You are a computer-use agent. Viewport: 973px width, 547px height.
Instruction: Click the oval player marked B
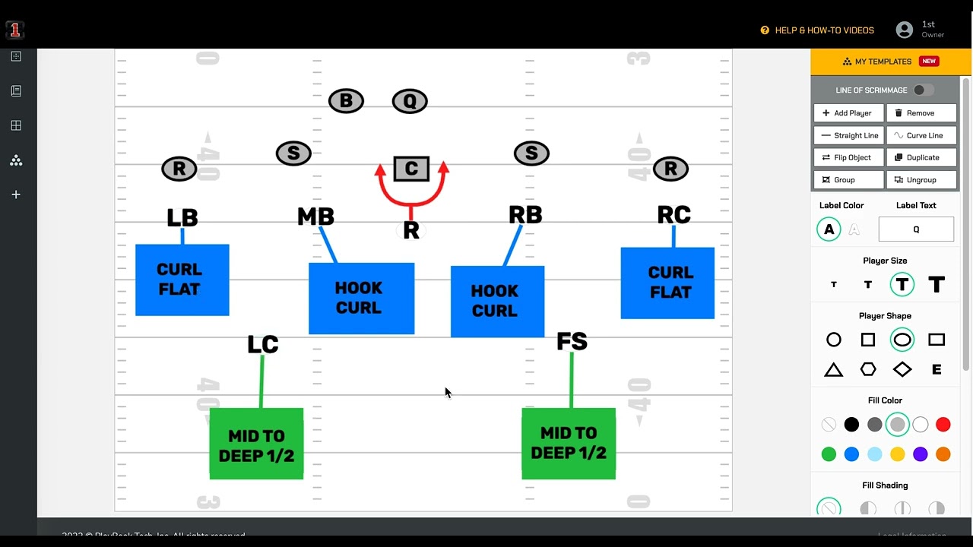point(346,101)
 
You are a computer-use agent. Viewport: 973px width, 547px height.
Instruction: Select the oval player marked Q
point(410,101)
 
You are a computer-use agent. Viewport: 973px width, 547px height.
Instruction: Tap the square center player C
point(411,169)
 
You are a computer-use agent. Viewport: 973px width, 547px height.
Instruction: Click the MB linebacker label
point(315,217)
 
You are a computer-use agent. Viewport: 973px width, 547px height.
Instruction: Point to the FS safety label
point(572,342)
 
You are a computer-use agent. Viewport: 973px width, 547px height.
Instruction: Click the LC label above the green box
point(263,345)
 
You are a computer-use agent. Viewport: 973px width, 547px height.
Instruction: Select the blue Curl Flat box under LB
point(182,280)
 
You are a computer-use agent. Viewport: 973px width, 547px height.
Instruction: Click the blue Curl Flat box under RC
point(667,283)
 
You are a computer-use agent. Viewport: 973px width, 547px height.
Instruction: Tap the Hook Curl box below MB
point(361,298)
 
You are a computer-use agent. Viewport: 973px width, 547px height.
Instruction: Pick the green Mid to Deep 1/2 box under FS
point(569,444)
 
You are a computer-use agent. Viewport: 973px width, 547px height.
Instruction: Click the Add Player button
point(848,113)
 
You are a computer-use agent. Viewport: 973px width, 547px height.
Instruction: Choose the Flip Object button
point(848,157)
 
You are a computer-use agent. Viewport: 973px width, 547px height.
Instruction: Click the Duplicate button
point(921,157)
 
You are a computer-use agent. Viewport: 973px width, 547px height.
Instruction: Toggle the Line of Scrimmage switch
point(923,90)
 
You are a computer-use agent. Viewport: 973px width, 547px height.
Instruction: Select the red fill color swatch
point(943,425)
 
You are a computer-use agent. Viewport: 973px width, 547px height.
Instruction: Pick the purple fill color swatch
point(920,454)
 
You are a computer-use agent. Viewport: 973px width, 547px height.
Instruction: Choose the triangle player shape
point(834,370)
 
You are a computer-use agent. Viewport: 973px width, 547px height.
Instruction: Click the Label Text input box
point(916,229)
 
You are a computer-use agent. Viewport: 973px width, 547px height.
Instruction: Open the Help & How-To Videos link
point(817,30)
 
